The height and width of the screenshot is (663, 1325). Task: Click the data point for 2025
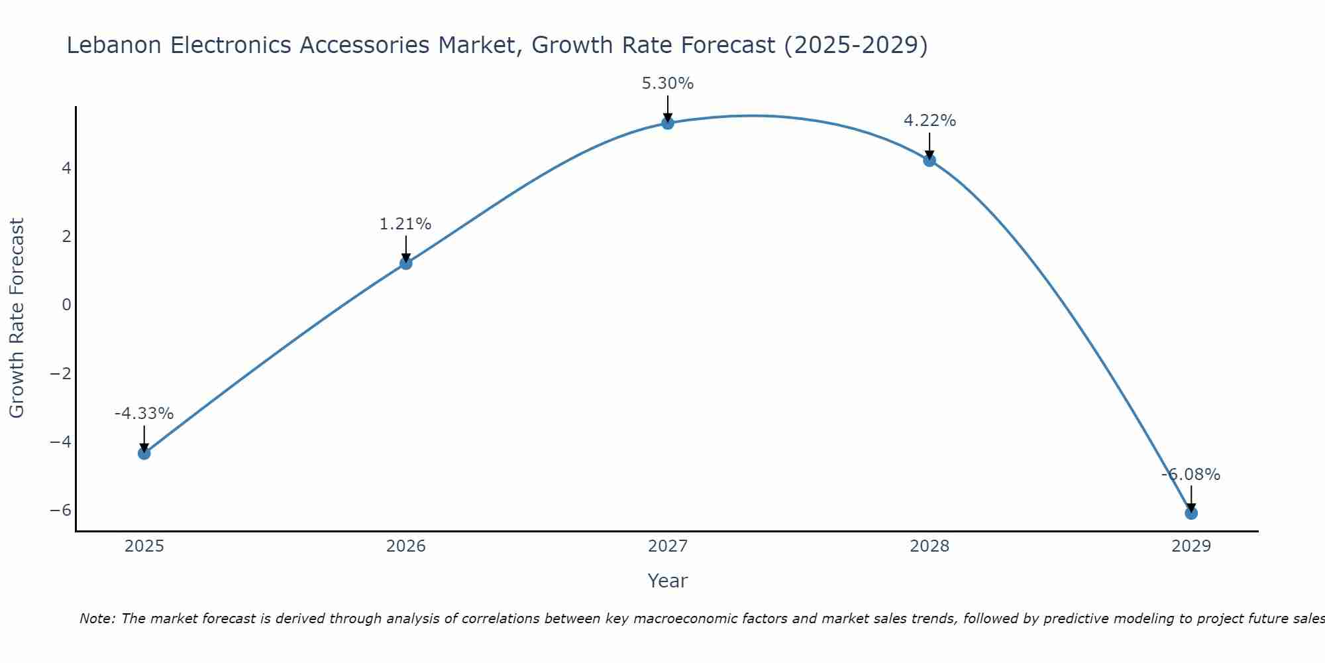pyautogui.click(x=144, y=453)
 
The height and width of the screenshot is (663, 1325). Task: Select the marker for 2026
pyautogui.click(x=405, y=263)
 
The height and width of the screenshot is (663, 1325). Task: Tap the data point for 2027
pyautogui.click(x=667, y=123)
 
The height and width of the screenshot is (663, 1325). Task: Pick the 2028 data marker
pyautogui.click(x=929, y=160)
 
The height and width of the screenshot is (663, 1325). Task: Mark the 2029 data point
pyautogui.click(x=1191, y=513)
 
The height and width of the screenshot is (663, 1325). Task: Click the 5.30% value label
pyautogui.click(x=667, y=84)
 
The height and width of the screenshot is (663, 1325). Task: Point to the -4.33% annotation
pyautogui.click(x=144, y=414)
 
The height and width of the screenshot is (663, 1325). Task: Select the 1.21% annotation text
pyautogui.click(x=405, y=224)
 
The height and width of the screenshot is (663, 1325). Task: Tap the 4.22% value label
pyautogui.click(x=929, y=121)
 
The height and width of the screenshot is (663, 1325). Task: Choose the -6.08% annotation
pyautogui.click(x=1191, y=475)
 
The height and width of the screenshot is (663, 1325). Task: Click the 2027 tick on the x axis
pyautogui.click(x=667, y=546)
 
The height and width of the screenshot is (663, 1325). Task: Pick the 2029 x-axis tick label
pyautogui.click(x=1191, y=546)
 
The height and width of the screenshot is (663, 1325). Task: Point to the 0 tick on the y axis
pyautogui.click(x=66, y=305)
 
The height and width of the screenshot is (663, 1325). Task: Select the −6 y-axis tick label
pyautogui.click(x=61, y=511)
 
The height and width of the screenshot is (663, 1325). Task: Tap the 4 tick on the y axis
pyautogui.click(x=66, y=168)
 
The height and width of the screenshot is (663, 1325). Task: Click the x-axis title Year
pyautogui.click(x=667, y=581)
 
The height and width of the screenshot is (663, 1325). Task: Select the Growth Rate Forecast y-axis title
pyautogui.click(x=17, y=318)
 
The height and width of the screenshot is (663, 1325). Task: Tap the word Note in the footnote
pyautogui.click(x=97, y=619)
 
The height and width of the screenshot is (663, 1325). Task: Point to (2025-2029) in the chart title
pyautogui.click(x=855, y=46)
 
